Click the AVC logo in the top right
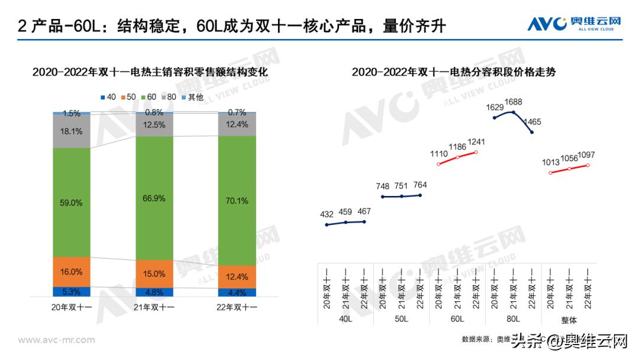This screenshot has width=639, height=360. coord(574,24)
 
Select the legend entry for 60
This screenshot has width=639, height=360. coord(149,97)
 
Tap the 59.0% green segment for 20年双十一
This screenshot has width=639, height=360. coord(72,202)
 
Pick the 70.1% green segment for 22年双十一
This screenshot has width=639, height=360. coord(237,201)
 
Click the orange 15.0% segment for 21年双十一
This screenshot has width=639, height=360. coord(154,274)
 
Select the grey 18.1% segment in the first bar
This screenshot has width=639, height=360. coord(72,131)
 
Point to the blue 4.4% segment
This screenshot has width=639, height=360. coord(237,292)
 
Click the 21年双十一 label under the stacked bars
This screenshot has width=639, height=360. coord(154,308)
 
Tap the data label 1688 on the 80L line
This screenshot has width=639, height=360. coord(514,102)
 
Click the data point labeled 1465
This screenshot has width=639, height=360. coord(532,132)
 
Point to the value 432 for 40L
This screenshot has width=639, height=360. coord(327,214)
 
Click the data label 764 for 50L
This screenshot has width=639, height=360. coord(420,185)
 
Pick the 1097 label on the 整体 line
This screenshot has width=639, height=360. coord(588,155)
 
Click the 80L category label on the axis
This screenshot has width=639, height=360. coord(513,319)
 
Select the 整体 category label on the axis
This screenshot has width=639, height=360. coord(569,319)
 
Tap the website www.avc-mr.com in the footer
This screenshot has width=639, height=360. coord(57,340)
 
